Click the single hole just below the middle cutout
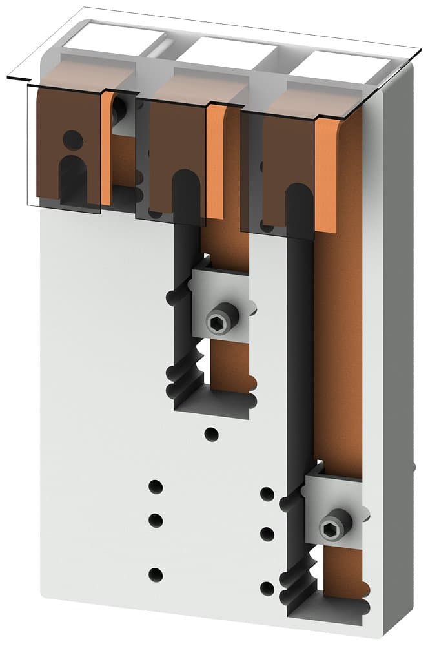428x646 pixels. [x=211, y=433]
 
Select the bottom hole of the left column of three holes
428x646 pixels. [x=155, y=574]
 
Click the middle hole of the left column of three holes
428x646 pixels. [x=155, y=519]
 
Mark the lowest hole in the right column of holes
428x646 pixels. [x=267, y=588]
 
